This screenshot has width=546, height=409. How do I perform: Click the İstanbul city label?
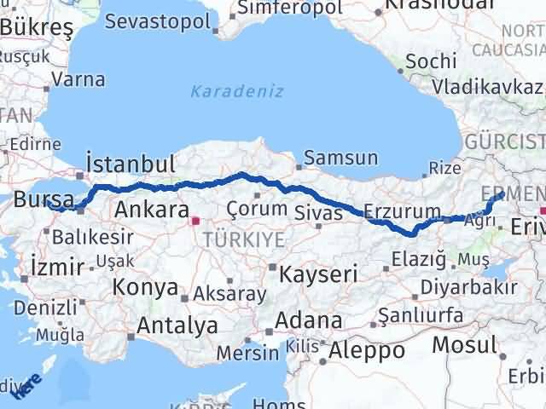click(x=131, y=164)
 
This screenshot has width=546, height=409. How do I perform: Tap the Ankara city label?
click(x=151, y=210)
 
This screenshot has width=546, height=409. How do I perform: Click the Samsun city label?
click(x=340, y=158)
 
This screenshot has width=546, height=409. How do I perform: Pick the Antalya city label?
click(x=177, y=325)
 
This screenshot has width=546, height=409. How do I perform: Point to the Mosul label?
click(x=463, y=345)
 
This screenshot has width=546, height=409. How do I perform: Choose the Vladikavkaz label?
click(x=486, y=87)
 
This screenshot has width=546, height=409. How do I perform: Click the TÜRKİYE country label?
click(x=244, y=240)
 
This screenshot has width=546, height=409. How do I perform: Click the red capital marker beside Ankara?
click(x=195, y=221)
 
